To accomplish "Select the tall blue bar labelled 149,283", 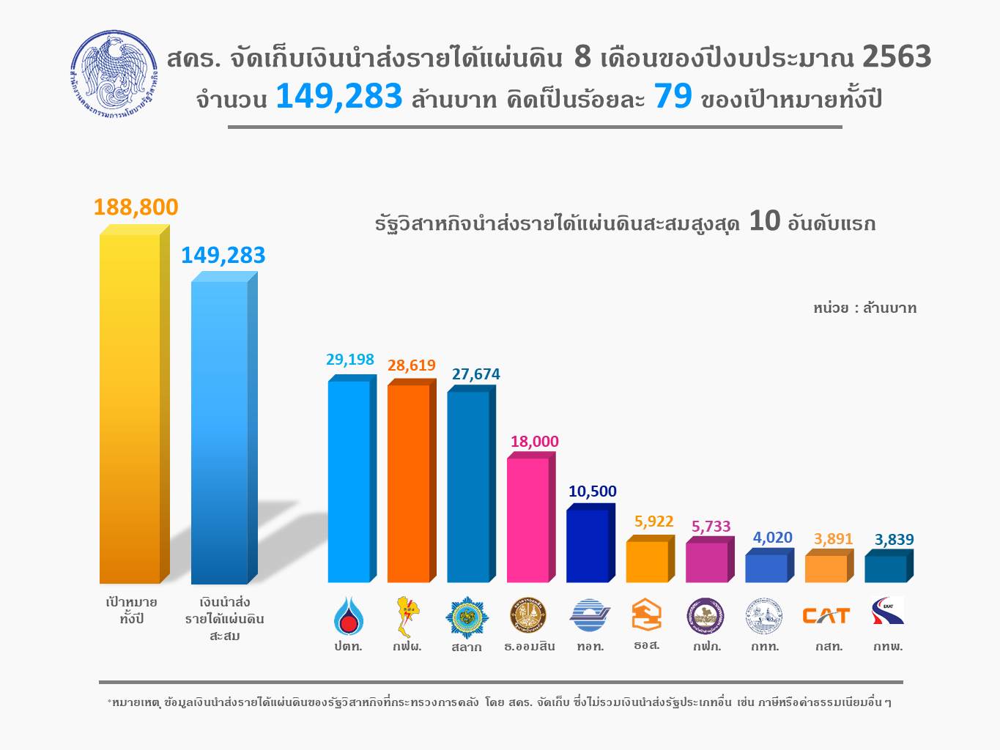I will [220, 432].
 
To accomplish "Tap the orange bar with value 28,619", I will [408, 483].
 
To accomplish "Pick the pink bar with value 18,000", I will [527, 520].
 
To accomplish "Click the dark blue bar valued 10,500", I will [588, 546].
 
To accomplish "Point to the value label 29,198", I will [349, 360].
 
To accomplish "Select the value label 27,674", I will [475, 374].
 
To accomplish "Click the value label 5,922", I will [653, 521].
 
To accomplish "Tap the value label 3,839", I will [894, 540].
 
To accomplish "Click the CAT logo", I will [826, 616].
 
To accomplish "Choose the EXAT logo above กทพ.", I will [888, 612].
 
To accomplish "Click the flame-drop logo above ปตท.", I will [347, 615].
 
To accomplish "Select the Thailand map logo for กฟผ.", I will [407, 616].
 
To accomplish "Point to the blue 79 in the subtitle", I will [673, 96].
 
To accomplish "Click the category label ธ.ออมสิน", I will [529, 646].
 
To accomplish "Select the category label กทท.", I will [765, 646].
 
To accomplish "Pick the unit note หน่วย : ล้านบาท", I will [864, 308].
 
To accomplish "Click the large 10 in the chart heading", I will [764, 221].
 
